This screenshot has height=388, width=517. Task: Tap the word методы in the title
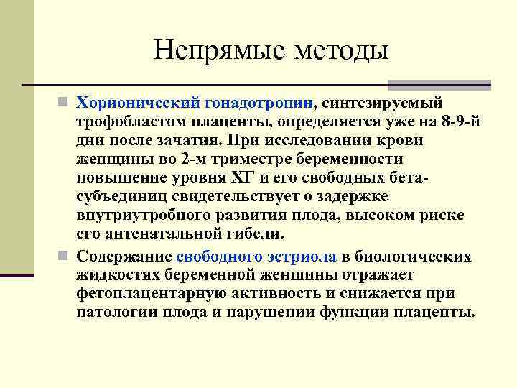338,51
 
